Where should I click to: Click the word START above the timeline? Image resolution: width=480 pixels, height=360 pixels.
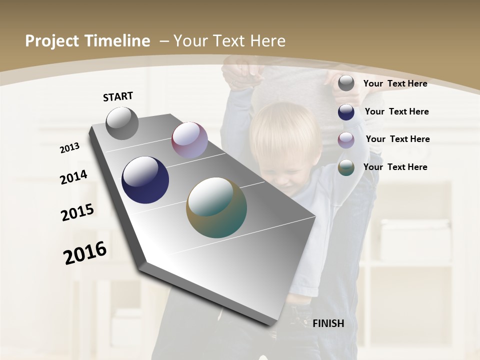coord(118,96)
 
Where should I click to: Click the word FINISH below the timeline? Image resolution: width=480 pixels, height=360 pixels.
coord(328,323)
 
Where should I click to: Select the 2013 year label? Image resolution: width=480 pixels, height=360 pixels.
coord(69,148)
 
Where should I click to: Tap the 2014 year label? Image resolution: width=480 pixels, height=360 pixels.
coord(73,177)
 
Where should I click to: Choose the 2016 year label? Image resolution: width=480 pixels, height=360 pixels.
coord(85,252)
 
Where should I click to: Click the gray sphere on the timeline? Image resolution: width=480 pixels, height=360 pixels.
coord(122,123)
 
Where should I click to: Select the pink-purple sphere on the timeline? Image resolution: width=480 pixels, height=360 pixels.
coord(189,140)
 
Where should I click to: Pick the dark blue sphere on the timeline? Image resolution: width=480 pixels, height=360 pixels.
coord(145,180)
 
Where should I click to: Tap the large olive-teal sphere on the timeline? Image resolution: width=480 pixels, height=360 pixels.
coord(216,207)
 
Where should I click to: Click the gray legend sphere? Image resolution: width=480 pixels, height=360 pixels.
coord(346,83)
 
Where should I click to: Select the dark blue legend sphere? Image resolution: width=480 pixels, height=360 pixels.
coord(346,112)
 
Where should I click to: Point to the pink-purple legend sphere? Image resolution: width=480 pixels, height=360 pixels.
coord(346,140)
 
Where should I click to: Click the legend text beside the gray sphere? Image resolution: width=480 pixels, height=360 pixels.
coord(395,83)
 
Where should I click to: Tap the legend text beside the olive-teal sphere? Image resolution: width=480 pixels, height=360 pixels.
coord(395,167)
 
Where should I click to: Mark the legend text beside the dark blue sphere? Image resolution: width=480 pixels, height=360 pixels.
coord(396,111)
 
